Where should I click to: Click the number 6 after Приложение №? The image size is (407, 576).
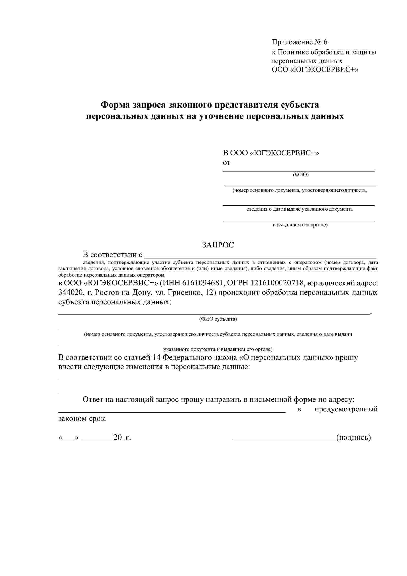click(x=325, y=42)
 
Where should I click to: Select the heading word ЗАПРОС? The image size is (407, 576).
click(x=218, y=245)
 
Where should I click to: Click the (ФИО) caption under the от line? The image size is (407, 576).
click(x=300, y=175)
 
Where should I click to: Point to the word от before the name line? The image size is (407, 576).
click(x=227, y=163)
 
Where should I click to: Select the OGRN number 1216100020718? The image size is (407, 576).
click(x=277, y=283)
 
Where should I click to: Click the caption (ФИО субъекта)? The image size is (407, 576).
click(x=218, y=319)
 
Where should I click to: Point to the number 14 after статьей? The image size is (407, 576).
click(x=157, y=357)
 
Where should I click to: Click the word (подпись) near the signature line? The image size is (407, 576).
click(x=353, y=438)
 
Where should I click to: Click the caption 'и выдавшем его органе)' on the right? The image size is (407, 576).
click(x=300, y=225)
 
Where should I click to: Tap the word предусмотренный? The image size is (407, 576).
click(x=346, y=409)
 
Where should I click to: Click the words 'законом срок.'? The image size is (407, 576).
click(x=82, y=419)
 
